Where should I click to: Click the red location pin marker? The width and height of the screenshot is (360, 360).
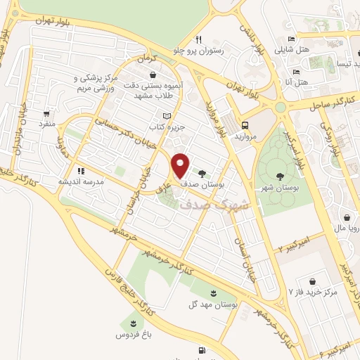point(180,165)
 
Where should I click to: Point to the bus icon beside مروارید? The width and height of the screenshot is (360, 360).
point(245,120)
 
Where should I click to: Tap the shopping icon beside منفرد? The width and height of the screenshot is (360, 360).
point(46,112)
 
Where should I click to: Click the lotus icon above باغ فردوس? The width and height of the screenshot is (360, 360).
point(131,323)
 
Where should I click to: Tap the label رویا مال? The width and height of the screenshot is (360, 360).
point(349,228)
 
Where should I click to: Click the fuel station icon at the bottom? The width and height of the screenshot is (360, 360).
point(202,349)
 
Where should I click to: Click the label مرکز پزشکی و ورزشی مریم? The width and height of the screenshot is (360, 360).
point(99,86)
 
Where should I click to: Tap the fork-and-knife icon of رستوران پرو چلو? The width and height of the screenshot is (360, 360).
point(200,39)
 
